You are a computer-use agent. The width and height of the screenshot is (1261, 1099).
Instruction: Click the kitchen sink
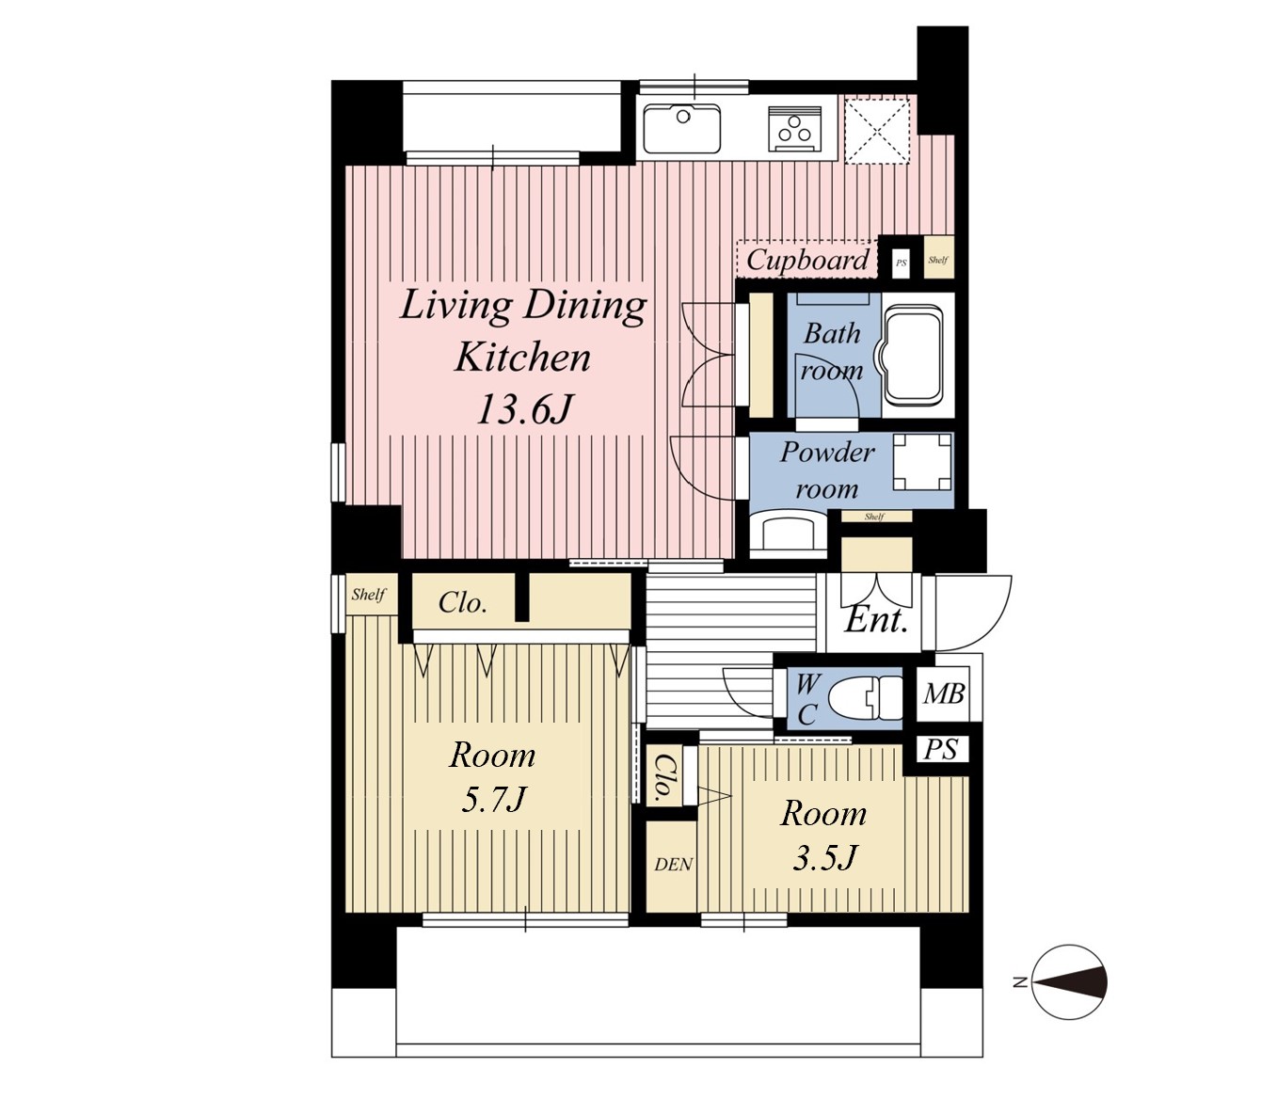pyautogui.click(x=681, y=128)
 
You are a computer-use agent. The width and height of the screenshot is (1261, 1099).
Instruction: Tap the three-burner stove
pyautogui.click(x=795, y=128)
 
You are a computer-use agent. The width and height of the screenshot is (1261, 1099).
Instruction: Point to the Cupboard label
pyautogui.click(x=806, y=260)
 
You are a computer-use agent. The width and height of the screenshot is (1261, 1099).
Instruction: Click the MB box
pyautogui.click(x=942, y=695)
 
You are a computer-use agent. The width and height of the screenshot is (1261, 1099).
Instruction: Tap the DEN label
pyautogui.click(x=673, y=865)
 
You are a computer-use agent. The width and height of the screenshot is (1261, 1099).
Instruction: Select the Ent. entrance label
pyautogui.click(x=876, y=620)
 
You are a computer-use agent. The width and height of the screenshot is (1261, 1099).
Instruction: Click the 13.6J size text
pyautogui.click(x=525, y=409)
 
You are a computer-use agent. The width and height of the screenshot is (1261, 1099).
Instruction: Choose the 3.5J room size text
pyautogui.click(x=824, y=857)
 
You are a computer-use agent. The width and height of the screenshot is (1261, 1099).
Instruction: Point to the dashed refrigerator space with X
pyautogui.click(x=877, y=130)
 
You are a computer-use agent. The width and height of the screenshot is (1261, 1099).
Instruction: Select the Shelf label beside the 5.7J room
pyautogui.click(x=369, y=595)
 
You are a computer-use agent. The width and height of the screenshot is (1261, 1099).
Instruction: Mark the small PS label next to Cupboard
pyautogui.click(x=902, y=263)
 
